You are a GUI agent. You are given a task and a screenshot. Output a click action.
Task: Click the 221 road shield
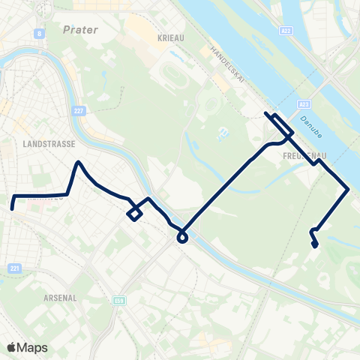click(x=16, y=268)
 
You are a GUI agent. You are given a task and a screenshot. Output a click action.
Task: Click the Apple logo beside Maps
click(x=11, y=347)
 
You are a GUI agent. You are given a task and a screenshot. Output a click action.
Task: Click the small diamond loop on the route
click(x=134, y=214)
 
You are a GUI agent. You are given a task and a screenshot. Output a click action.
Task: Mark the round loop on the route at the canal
click(x=181, y=238)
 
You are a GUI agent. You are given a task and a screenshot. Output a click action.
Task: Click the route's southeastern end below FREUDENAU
click(x=315, y=244)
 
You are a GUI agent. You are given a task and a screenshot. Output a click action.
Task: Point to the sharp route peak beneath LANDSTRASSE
click(x=78, y=162)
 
